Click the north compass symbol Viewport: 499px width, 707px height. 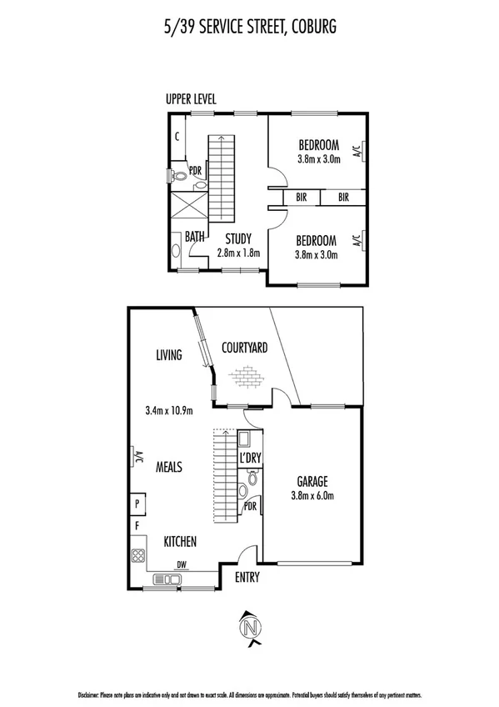[x=249, y=629]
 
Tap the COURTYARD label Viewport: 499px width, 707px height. [x=244, y=348]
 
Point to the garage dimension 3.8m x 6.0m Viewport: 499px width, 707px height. [x=312, y=495]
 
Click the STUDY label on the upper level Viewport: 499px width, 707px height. [x=238, y=238]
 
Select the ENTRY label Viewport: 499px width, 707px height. [x=247, y=577]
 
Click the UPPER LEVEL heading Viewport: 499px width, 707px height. [x=191, y=99]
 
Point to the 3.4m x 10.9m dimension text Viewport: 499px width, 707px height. [x=169, y=410]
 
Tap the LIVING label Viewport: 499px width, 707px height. [x=168, y=355]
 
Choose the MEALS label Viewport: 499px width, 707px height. [x=169, y=467]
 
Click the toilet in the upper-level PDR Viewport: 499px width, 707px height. [x=178, y=176]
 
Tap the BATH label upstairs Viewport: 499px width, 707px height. [x=195, y=237]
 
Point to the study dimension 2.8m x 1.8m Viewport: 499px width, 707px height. [x=238, y=253]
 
